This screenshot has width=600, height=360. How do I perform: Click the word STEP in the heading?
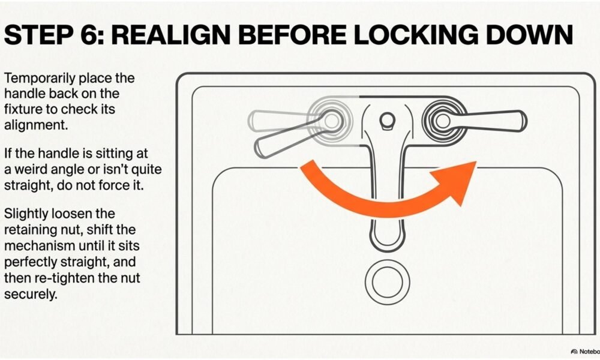[38, 35]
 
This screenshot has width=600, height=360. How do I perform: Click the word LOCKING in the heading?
[416, 35]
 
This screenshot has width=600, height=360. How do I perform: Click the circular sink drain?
[387, 283]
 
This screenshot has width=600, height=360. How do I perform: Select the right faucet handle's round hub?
[443, 121]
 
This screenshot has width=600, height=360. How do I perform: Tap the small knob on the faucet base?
[387, 120]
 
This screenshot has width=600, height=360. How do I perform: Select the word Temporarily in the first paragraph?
[40, 79]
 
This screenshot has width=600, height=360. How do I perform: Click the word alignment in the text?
[35, 125]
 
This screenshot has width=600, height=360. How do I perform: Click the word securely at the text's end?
[30, 294]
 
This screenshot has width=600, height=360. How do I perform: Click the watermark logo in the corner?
[574, 352]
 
